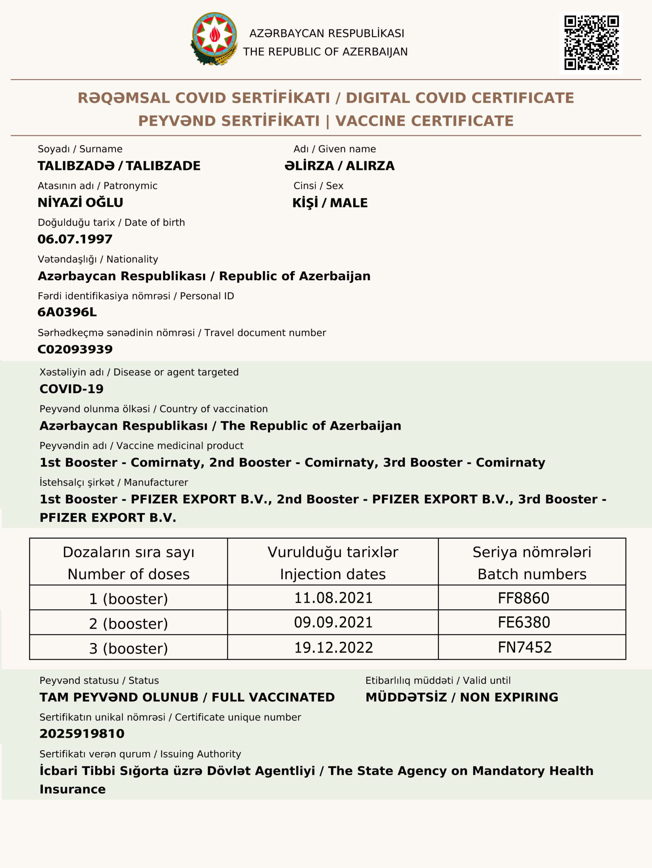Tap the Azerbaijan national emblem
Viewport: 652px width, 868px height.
tap(215, 38)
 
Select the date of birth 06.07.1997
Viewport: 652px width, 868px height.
tap(75, 239)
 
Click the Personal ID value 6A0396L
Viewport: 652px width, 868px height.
tap(67, 312)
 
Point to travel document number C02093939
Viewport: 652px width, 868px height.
tap(75, 349)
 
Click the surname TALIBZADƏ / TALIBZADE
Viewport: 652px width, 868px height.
tap(119, 165)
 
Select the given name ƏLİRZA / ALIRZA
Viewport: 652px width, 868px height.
tap(339, 165)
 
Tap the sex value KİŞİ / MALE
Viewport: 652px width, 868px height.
tap(330, 202)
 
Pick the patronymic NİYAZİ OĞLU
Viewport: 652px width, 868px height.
tap(80, 202)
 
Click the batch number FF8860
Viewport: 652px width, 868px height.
tap(523, 598)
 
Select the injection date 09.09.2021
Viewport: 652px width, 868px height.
tap(333, 623)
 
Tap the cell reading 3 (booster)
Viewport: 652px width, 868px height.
tap(128, 648)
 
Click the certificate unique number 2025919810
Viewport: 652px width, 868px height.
tap(82, 733)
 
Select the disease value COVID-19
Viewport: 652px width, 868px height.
tap(72, 389)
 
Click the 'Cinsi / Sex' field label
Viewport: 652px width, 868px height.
tap(318, 185)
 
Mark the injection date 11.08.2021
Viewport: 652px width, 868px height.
tap(333, 598)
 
